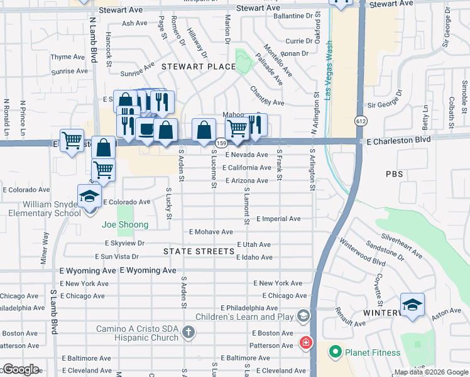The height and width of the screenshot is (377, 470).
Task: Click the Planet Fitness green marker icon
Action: [x=335, y=352]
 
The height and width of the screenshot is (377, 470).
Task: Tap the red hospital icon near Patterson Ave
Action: [x=305, y=343]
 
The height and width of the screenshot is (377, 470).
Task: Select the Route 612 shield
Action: [x=360, y=121]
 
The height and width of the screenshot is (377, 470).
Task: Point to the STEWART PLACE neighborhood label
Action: [x=189, y=66]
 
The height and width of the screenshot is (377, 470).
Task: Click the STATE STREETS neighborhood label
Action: [x=199, y=251]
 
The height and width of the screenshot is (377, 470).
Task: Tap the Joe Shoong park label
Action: [x=126, y=225]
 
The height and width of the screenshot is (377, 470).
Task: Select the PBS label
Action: [x=395, y=173]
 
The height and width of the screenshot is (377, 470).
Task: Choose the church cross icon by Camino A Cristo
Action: [x=188, y=331]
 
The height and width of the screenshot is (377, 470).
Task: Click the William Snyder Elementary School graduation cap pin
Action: [x=89, y=197]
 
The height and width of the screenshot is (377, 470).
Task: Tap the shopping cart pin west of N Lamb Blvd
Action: [x=72, y=139]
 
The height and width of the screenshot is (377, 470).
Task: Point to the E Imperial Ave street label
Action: [x=278, y=219]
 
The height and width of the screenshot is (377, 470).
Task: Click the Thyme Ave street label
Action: [x=67, y=57]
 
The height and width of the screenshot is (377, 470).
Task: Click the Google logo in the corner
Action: [x=21, y=369]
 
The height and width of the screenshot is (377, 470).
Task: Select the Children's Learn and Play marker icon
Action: [x=303, y=315]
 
